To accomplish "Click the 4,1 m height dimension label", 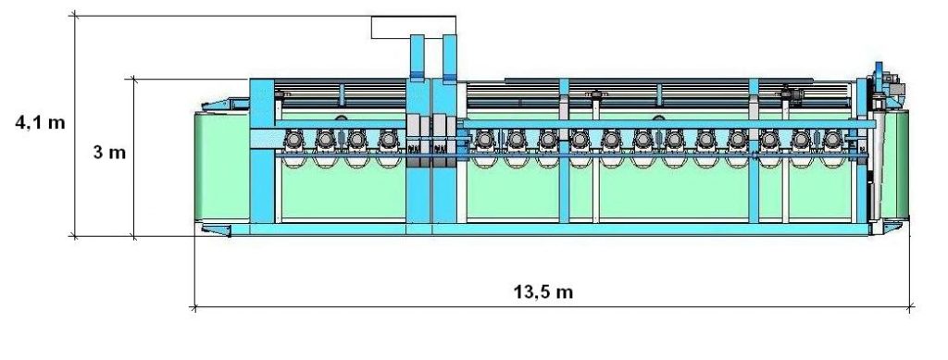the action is pyautogui.click(x=40, y=122).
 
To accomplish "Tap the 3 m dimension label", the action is pyautogui.click(x=109, y=152).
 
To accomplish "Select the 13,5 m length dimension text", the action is pyautogui.click(x=543, y=292).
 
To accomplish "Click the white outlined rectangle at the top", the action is pyautogui.click(x=414, y=27).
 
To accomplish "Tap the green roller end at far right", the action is pyautogui.click(x=902, y=165).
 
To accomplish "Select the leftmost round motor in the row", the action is pyautogui.click(x=293, y=140).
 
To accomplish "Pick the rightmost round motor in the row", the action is pyautogui.click(x=832, y=140).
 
